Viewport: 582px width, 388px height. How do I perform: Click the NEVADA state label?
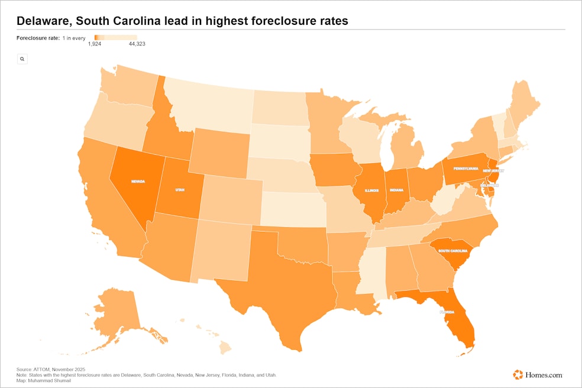click(x=138, y=182)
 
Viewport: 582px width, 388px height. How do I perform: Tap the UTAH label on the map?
click(x=180, y=190)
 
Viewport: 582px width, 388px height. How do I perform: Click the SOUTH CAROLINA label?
click(x=455, y=251)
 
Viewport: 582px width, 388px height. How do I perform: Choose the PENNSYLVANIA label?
click(x=466, y=169)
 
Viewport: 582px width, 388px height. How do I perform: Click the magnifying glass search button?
click(x=22, y=59)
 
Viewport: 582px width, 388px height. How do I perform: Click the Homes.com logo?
click(x=538, y=374)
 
